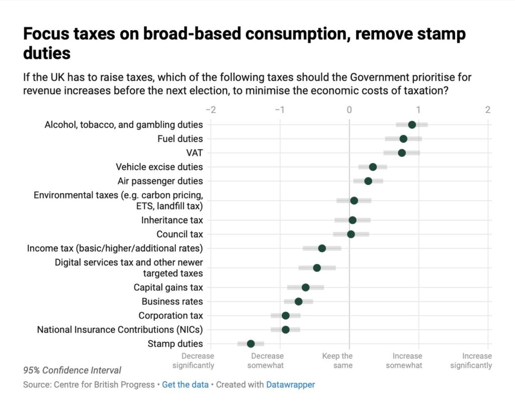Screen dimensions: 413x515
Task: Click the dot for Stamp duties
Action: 250,344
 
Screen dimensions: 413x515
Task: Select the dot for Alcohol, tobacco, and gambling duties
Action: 412,125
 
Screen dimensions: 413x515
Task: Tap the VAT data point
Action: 401,153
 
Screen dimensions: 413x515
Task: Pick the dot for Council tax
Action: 351,234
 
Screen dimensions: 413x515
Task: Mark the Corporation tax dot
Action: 286,316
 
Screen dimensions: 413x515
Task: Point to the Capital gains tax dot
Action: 305,287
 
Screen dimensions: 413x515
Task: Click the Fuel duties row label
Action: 180,139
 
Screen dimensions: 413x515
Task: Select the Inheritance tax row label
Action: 172,220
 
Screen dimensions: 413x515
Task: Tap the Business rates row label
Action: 172,301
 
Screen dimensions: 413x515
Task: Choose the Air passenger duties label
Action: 160,181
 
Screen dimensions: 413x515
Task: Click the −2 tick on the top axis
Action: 211,110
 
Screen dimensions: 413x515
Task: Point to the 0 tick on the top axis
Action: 349,110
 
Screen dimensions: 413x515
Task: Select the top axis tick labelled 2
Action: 487,110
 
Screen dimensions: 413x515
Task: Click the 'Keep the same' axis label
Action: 337,361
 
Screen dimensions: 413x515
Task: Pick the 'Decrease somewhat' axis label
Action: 266,361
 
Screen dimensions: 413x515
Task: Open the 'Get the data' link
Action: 185,385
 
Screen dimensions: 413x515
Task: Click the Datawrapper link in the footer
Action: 290,385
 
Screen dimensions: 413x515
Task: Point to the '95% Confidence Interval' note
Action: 72,370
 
